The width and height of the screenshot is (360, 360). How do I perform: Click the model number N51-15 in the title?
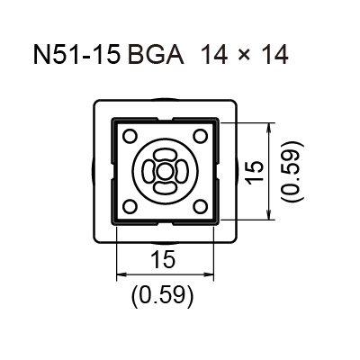click(x=77, y=55)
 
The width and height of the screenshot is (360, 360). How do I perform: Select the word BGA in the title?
click(x=156, y=55)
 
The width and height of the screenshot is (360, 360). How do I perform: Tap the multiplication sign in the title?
click(x=245, y=56)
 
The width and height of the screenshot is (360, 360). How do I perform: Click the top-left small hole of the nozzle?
click(x=130, y=136)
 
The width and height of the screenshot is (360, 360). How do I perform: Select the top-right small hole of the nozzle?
click(x=200, y=136)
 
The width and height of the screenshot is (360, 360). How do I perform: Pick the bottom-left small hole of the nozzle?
click(x=130, y=207)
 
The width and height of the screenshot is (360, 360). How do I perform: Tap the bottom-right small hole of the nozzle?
click(x=200, y=207)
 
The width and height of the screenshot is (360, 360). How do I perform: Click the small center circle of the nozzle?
click(x=165, y=172)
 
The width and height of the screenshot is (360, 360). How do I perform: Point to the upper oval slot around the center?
click(x=165, y=156)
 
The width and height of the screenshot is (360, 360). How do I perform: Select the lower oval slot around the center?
click(x=165, y=188)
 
